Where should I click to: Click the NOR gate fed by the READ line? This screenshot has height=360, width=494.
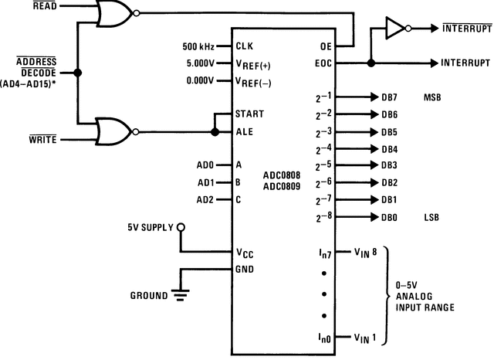(113, 13)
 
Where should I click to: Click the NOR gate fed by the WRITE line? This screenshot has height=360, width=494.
(113, 131)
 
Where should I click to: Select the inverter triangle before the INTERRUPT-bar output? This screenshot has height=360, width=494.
(394, 29)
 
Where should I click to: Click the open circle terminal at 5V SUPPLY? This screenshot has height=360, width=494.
(181, 227)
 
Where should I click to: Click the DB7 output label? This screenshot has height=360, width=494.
(388, 98)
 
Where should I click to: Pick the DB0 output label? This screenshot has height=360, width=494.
(388, 218)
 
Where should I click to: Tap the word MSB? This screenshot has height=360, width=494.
(432, 98)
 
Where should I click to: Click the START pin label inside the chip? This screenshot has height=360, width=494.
(249, 114)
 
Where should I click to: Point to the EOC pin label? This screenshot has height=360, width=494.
(323, 63)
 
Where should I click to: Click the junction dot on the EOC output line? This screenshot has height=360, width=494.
(371, 63)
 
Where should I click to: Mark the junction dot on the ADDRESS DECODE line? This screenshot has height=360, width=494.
(77, 73)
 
